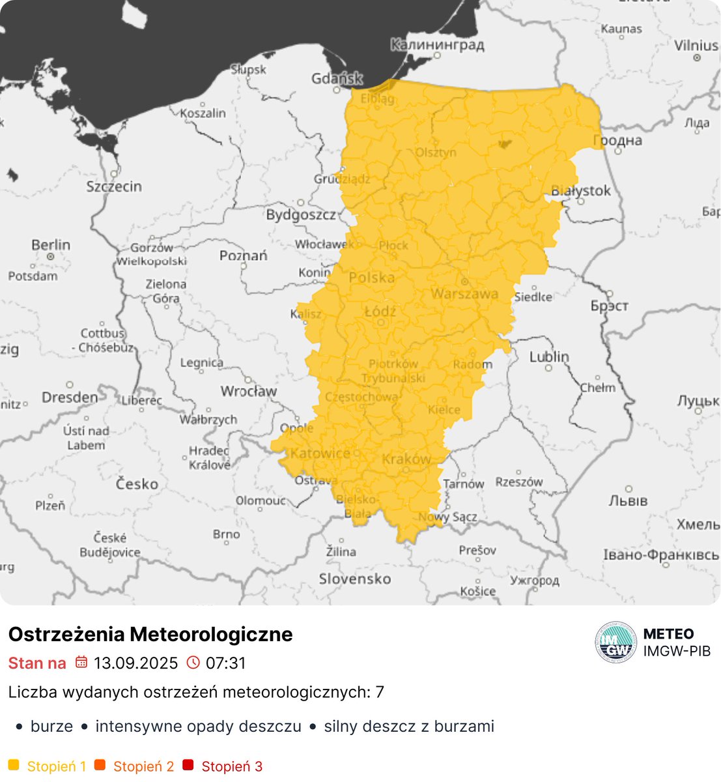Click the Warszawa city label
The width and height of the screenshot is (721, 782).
464,294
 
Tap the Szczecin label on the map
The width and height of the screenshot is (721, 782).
114,186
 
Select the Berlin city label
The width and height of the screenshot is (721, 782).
51,245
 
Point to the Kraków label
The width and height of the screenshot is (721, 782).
406,459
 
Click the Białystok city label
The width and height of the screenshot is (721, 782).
581,191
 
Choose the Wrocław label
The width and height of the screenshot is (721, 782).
248,392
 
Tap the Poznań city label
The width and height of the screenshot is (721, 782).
243,255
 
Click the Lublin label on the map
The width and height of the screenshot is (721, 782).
549,357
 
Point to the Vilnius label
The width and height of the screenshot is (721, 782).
696,46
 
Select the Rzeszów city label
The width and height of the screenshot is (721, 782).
519,482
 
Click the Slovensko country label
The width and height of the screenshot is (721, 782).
355,579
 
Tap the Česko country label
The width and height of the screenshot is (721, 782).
137,484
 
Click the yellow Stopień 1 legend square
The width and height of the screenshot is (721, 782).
14,766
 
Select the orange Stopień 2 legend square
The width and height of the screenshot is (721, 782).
100,766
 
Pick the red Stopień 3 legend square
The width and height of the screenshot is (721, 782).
188,766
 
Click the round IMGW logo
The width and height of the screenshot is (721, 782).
615,643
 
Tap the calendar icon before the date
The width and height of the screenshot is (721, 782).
81,663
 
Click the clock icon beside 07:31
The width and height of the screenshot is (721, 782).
193,663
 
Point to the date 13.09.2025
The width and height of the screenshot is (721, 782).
135,663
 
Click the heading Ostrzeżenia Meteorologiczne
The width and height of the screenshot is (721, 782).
150,634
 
